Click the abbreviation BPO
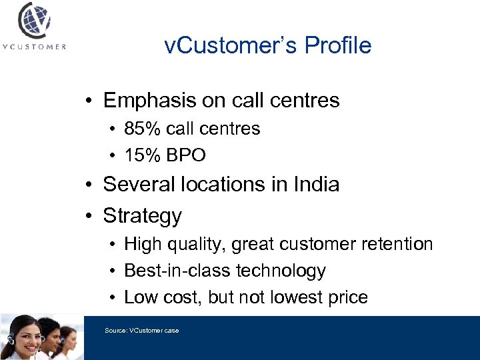[x=186, y=155]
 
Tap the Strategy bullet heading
[x=142, y=216]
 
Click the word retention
[x=397, y=244]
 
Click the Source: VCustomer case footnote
[x=141, y=331]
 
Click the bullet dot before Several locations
[x=88, y=185]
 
